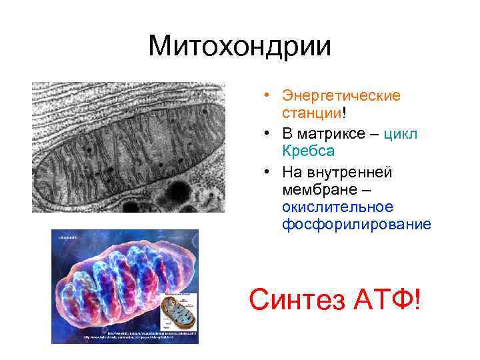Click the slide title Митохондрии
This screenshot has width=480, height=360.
(x=239, y=46)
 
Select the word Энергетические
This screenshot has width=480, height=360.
(x=341, y=96)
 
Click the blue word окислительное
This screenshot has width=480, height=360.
(x=337, y=207)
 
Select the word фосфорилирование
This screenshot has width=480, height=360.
(x=356, y=225)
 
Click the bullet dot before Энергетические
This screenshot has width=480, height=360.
(x=266, y=96)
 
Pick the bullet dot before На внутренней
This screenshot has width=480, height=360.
(x=266, y=172)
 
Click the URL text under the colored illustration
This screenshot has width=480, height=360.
(x=133, y=336)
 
